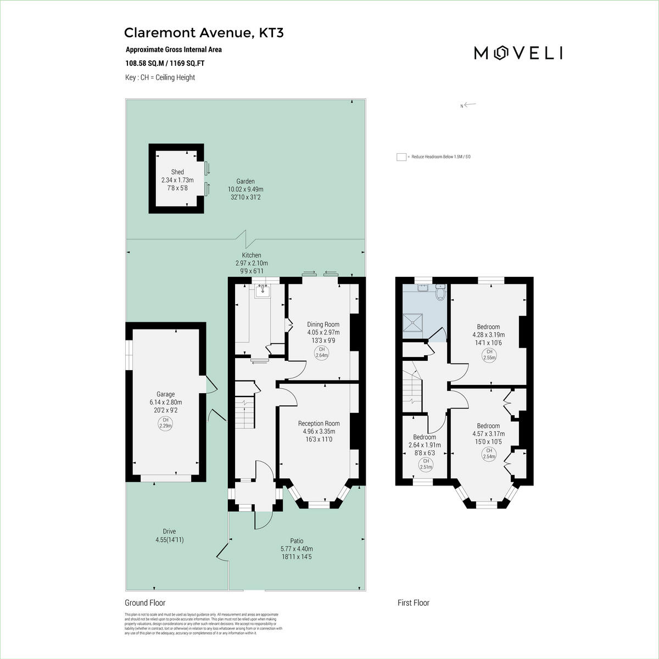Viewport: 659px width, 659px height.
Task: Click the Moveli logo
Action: coord(518,53)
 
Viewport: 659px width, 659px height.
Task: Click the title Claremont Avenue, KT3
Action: coord(204,33)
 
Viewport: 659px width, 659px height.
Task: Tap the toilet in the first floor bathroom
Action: coord(439,293)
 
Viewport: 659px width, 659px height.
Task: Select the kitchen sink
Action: coord(263,291)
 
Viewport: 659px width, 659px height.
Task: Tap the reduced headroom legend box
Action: coord(401,157)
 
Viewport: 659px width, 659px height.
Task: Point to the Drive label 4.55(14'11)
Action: coord(169,535)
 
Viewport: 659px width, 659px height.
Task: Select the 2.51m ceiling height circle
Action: coord(426,464)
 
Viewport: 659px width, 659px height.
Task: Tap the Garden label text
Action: coord(245,181)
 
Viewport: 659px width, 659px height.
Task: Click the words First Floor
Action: coord(414,603)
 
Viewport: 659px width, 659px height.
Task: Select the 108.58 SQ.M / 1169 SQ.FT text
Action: coord(165,63)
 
